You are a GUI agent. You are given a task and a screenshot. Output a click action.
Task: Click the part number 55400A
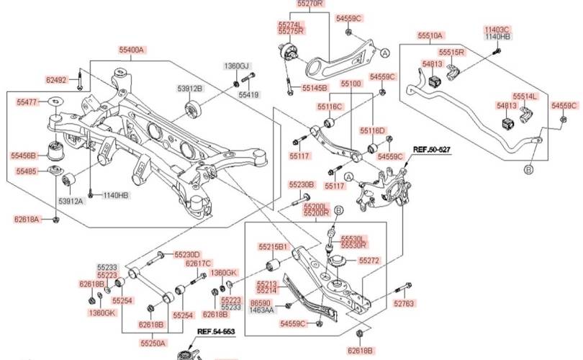point(132,50)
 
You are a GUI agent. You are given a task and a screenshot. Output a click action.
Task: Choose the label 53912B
point(191,89)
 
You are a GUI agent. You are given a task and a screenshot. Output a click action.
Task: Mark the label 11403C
point(497,29)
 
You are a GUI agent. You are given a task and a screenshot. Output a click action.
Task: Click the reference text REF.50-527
point(431,150)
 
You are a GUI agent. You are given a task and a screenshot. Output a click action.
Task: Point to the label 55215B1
point(273,247)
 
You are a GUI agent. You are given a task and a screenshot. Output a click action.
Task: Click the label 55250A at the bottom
point(153,343)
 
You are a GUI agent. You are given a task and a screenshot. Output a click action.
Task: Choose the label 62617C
point(198,264)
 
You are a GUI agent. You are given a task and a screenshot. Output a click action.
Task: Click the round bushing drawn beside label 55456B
point(56,150)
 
